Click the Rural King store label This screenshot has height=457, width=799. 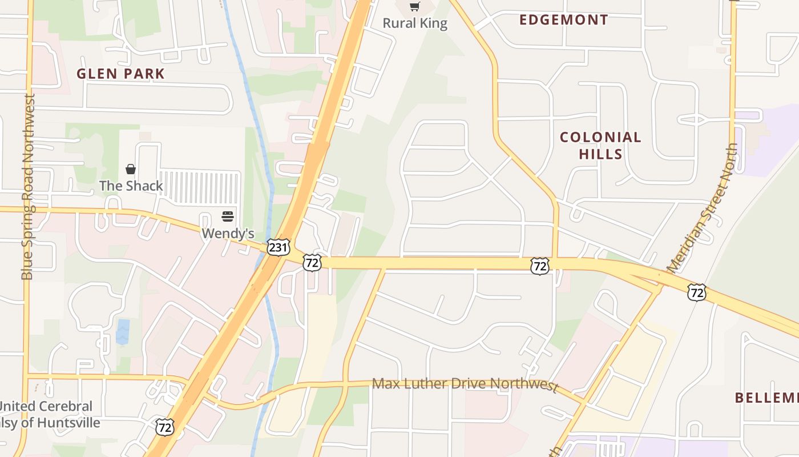pos(415,23)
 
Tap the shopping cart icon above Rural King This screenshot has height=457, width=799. pos(415,7)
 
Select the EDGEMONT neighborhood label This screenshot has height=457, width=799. pos(563,20)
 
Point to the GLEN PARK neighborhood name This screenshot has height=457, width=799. pos(120,74)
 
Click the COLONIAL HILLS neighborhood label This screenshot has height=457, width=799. pos(600,145)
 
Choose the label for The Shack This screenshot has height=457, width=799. pos(131,186)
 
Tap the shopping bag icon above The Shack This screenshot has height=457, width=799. pos(131,169)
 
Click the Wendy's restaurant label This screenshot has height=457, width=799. pos(228,233)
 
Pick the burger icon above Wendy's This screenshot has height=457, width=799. pos(228,217)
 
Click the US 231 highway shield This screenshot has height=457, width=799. pos(278,247)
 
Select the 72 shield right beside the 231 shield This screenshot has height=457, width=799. pos(312,262)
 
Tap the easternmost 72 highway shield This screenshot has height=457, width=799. pos(697,292)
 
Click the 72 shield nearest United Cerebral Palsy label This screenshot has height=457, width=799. pos(164,426)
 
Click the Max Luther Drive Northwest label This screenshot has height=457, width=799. pos(465,384)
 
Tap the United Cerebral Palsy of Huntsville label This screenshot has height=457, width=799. pos(49,415)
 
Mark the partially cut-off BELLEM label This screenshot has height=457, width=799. pos(766,398)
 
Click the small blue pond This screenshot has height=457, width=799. pos(123,332)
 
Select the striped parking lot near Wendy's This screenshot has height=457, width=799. pos(198,187)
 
